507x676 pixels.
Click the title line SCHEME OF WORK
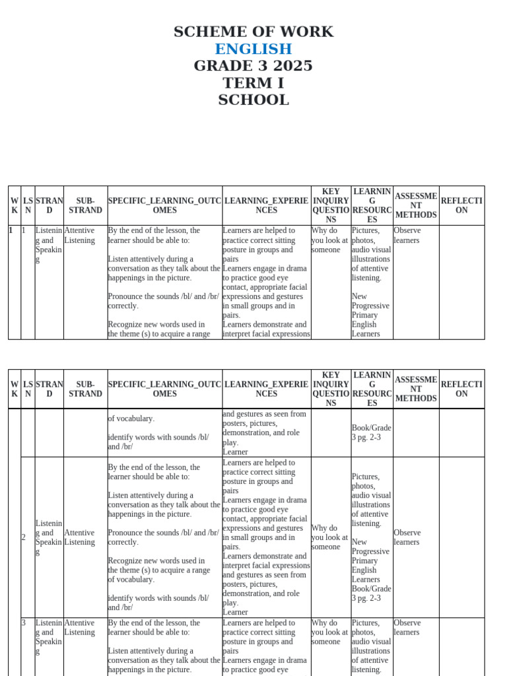pyautogui.click(x=253, y=32)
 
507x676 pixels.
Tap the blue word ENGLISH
pyautogui.click(x=253, y=49)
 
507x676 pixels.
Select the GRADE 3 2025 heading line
pyautogui.click(x=253, y=66)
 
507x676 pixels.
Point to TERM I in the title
pyautogui.click(x=253, y=83)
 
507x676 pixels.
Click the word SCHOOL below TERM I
pyautogui.click(x=253, y=100)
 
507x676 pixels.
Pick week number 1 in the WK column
pyautogui.click(x=11, y=231)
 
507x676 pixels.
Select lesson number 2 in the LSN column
pyautogui.click(x=24, y=537)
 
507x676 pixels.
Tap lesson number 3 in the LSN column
pyautogui.click(x=24, y=623)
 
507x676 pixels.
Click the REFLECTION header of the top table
pyautogui.click(x=461, y=205)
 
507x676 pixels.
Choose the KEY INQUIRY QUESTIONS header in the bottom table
pyautogui.click(x=331, y=389)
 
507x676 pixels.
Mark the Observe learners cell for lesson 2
pyautogui.click(x=407, y=537)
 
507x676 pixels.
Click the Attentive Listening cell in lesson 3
pyautogui.click(x=79, y=627)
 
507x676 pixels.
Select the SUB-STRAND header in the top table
pyautogui.click(x=86, y=205)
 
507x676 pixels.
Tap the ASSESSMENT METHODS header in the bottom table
pyautogui.click(x=416, y=389)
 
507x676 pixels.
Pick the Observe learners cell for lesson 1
pyautogui.click(x=407, y=236)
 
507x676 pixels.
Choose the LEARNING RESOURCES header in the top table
pyautogui.click(x=372, y=205)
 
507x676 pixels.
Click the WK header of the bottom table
pyautogui.click(x=15, y=389)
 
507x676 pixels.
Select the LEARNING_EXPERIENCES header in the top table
pyautogui.click(x=266, y=205)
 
